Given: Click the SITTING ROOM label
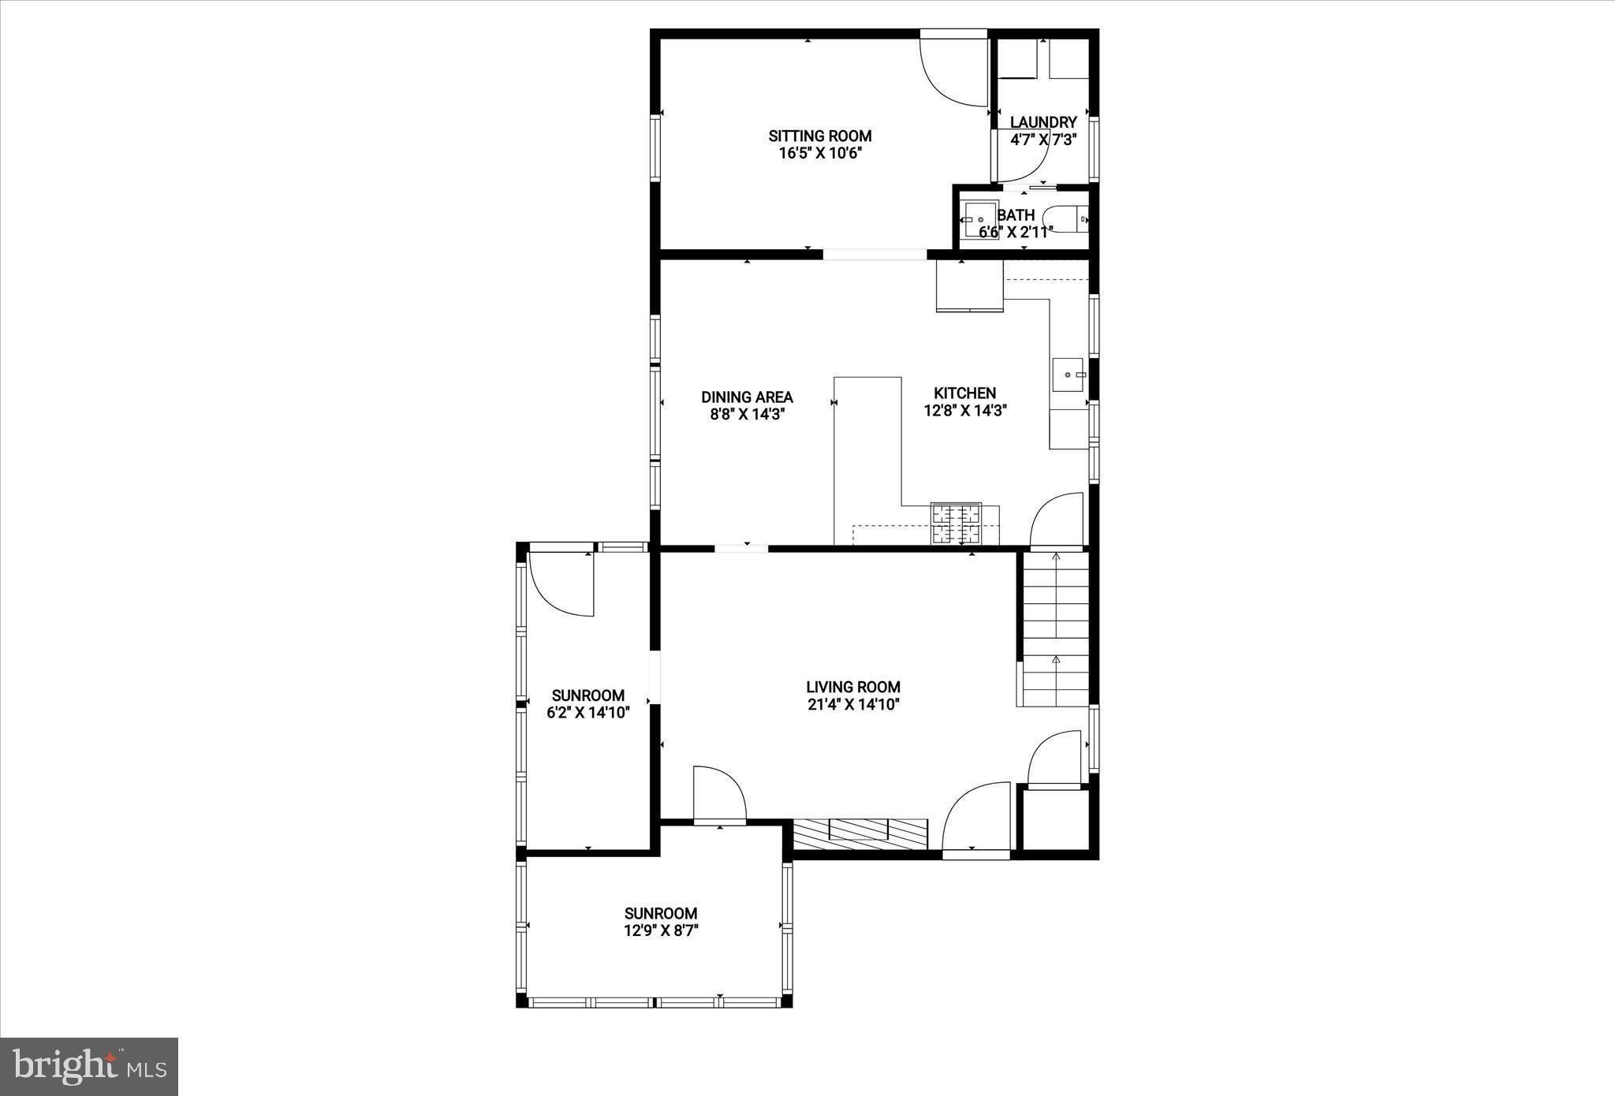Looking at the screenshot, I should [820, 136].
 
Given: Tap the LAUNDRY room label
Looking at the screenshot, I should [1043, 122].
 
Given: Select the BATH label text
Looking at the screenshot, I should [1016, 215].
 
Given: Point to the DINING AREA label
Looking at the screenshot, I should [747, 397].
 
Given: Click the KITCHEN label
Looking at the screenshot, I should [965, 393].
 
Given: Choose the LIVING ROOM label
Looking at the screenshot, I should [853, 687].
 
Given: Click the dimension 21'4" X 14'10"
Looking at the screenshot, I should [853, 705].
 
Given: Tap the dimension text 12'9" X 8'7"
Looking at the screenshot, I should [661, 930].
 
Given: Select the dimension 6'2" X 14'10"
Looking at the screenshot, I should [588, 713].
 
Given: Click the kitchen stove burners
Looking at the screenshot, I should [956, 524].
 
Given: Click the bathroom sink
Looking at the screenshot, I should [979, 220].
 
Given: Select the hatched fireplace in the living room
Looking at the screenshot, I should [860, 833].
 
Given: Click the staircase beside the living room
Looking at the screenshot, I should [1054, 628].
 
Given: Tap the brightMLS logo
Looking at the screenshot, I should [89, 1067].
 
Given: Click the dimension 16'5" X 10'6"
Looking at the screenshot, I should [820, 153].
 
